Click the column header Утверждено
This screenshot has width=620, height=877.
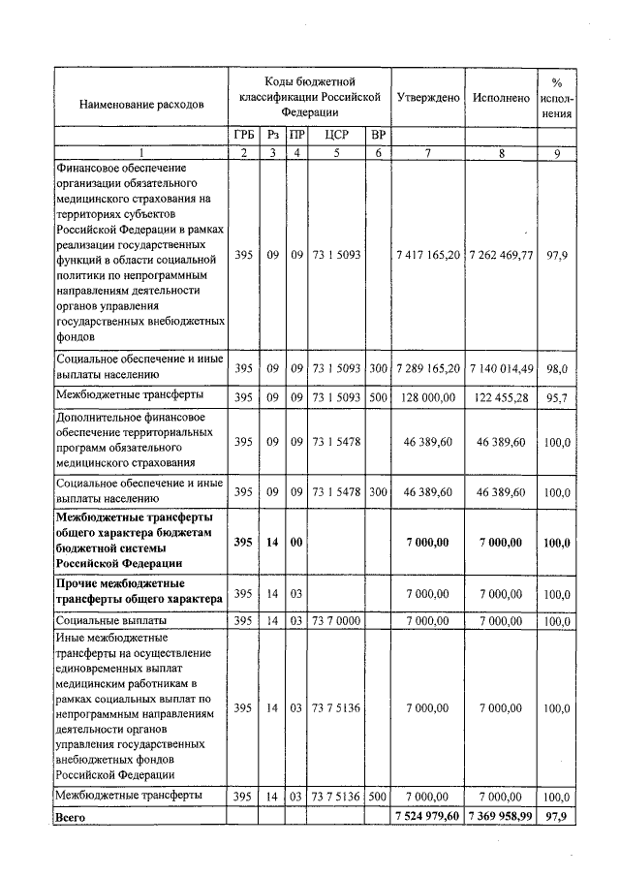(x=427, y=99)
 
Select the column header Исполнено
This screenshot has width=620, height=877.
(x=501, y=99)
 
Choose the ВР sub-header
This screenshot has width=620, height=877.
(x=378, y=136)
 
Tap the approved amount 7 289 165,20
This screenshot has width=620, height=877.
(x=427, y=368)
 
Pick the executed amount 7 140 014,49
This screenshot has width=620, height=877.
(x=501, y=368)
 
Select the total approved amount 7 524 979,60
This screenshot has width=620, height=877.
(x=427, y=817)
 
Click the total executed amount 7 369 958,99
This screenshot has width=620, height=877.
(x=501, y=817)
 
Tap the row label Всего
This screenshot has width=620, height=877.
(x=72, y=818)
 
